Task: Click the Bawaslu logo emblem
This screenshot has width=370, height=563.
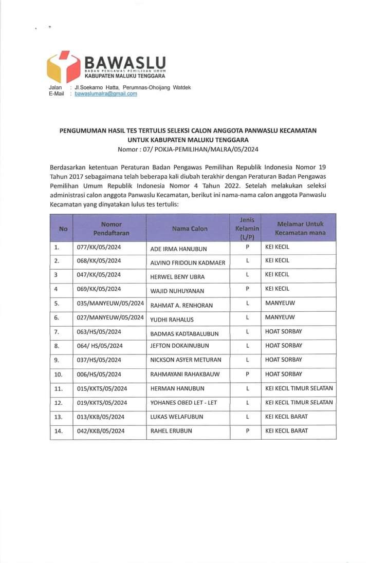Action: pyautogui.click(x=63, y=67)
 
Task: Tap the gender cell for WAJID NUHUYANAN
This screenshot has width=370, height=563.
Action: pyautogui.click(x=247, y=289)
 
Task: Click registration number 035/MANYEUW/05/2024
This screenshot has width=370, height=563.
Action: pyautogui.click(x=106, y=304)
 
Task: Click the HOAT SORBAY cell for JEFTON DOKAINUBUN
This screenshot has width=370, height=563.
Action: pyautogui.click(x=284, y=346)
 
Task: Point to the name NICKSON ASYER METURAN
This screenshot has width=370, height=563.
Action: pyautogui.click(x=185, y=361)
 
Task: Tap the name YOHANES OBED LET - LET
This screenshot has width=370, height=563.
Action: pyautogui.click(x=184, y=403)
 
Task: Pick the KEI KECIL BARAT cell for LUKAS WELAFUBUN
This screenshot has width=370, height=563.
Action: pyautogui.click(x=287, y=417)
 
